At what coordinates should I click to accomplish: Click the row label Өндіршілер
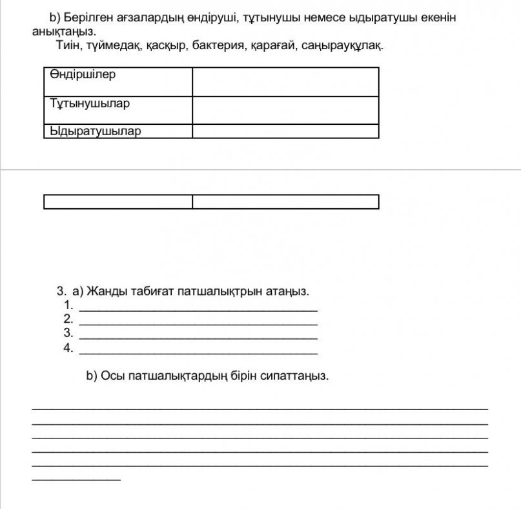[83, 74]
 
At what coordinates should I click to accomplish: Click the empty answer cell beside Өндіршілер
[285, 81]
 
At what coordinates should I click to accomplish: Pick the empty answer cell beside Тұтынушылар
[285, 110]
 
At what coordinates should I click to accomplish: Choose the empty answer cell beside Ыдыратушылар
[285, 131]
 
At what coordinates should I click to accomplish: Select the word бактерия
[216, 47]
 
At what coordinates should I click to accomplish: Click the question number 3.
[61, 290]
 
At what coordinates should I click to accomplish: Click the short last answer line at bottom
[76, 479]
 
